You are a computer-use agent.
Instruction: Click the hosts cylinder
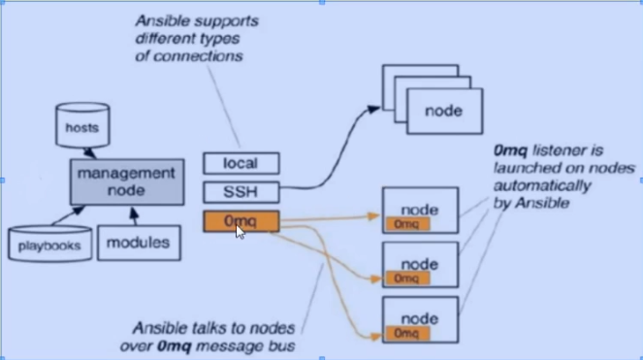[82, 125]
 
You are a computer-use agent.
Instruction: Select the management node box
[127, 181]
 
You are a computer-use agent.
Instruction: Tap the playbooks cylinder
[49, 244]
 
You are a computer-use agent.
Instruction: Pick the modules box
[139, 243]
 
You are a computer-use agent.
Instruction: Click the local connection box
[241, 163]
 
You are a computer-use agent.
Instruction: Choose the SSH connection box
[241, 192]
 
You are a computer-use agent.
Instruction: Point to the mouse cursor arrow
[241, 232]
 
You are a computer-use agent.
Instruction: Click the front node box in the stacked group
[444, 111]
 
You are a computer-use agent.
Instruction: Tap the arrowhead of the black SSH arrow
[373, 110]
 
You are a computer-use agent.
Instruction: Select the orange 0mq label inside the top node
[407, 224]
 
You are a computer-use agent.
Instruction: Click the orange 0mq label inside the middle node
[407, 278]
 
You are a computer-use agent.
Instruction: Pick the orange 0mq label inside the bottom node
[407, 334]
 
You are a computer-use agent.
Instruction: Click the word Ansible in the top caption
[159, 20]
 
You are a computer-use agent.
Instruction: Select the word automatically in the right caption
[542, 186]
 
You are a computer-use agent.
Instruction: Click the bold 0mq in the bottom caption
[175, 346]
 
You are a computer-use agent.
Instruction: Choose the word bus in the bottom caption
[284, 346]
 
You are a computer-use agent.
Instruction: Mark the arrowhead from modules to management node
[134, 213]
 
